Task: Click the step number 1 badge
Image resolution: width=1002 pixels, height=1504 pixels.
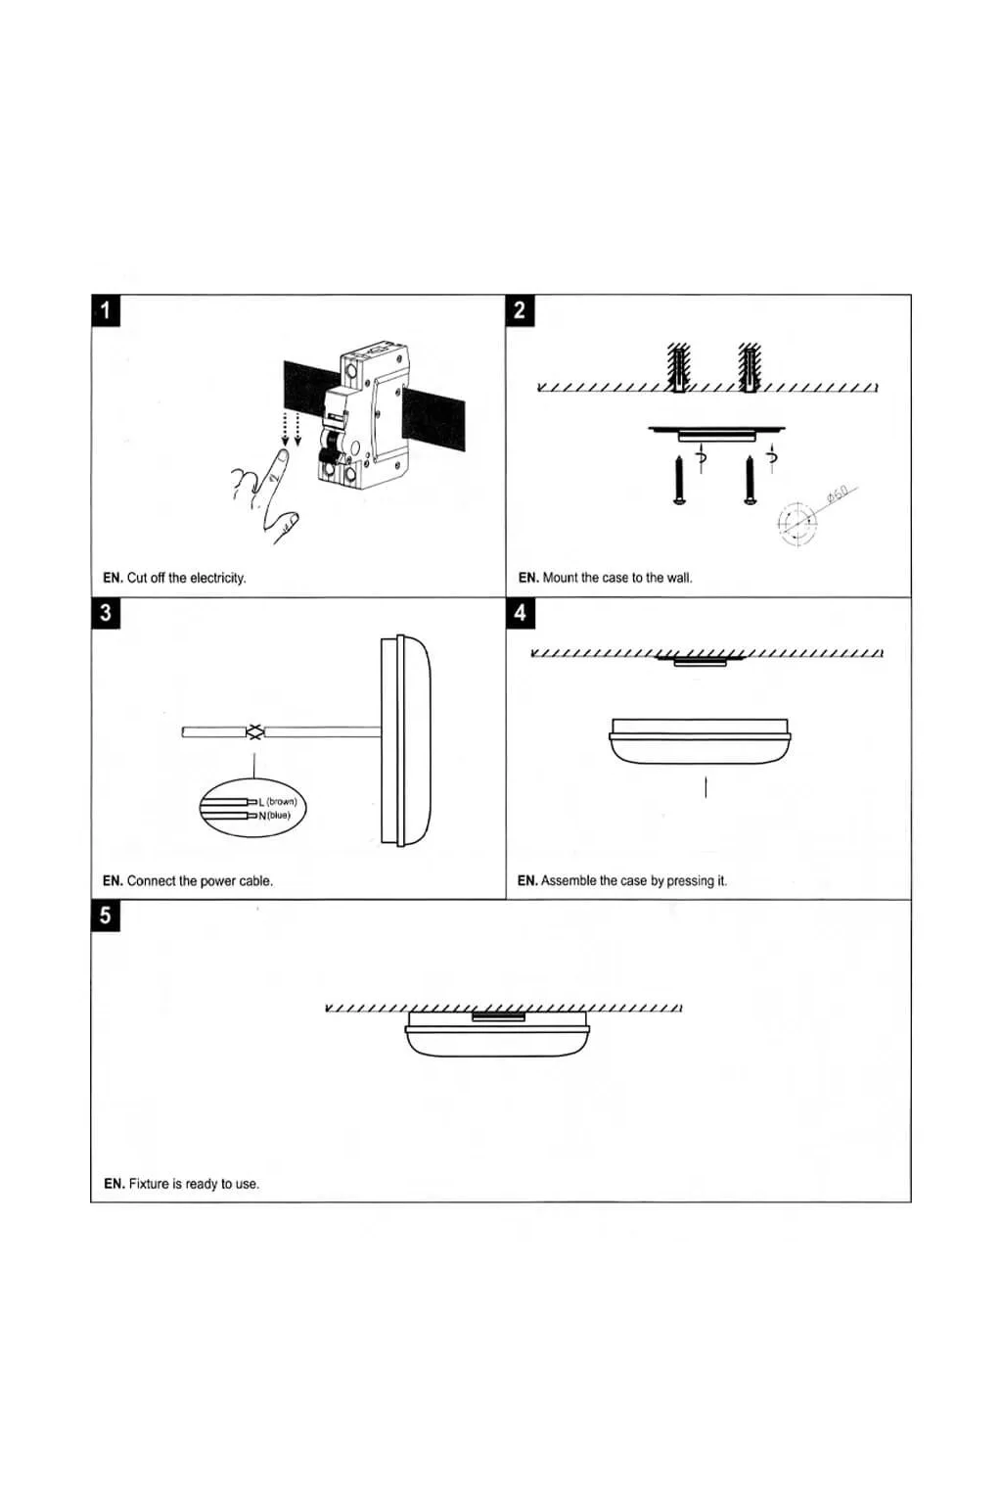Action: (x=106, y=310)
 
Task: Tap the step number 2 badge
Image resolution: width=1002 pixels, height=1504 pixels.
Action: (x=520, y=310)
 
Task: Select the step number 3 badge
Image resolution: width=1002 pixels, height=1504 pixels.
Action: (x=106, y=613)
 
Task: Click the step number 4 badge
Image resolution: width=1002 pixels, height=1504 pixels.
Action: (x=520, y=613)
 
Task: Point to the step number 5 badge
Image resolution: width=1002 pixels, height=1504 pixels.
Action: (x=106, y=916)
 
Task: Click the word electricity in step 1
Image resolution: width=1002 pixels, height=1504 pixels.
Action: (x=217, y=579)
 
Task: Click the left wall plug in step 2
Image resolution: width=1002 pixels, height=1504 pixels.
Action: (x=679, y=367)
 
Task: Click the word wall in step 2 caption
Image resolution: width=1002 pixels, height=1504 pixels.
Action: (x=678, y=579)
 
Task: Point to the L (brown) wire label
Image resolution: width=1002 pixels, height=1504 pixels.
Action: (x=278, y=802)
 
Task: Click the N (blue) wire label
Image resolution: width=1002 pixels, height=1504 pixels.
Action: (x=275, y=816)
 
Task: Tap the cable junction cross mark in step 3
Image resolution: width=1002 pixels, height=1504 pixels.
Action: (x=254, y=731)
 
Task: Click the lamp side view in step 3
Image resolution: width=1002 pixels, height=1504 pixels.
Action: (x=406, y=741)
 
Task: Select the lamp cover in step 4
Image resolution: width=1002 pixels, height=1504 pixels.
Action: (x=699, y=741)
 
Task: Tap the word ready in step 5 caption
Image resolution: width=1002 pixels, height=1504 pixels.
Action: (x=202, y=1185)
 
